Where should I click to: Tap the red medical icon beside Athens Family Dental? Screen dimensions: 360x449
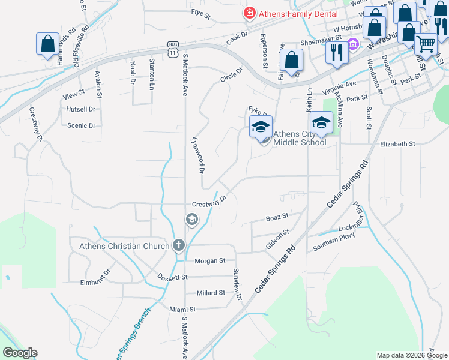(248, 13)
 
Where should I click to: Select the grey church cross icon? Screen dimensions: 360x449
(178, 245)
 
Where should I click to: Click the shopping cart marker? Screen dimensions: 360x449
(426, 43)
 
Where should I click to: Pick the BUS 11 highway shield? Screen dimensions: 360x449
(173, 49)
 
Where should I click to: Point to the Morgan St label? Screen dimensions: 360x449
(209, 261)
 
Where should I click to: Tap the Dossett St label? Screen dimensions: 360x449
(172, 277)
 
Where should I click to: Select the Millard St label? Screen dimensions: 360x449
(210, 293)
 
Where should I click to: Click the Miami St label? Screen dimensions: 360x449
(182, 308)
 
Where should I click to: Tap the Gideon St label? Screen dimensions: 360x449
(277, 232)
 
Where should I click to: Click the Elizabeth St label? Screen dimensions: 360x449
(397, 144)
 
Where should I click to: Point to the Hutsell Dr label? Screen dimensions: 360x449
(81, 109)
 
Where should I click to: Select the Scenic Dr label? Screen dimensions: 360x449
(82, 125)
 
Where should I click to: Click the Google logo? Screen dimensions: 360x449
(20, 353)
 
